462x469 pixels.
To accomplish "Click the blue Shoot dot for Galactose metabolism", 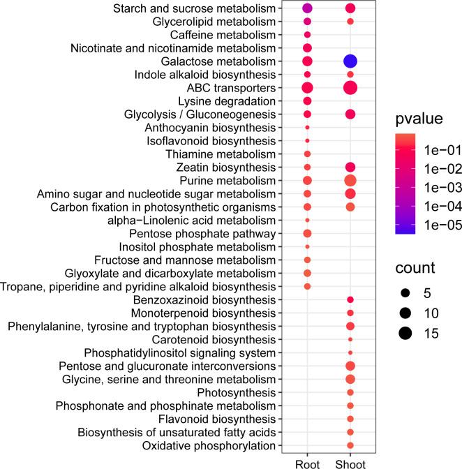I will [350, 61].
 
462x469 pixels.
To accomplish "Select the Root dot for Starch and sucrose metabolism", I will [307, 8].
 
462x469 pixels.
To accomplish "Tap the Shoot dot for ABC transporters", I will [350, 88].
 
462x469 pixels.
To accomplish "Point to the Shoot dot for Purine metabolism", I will [350, 181].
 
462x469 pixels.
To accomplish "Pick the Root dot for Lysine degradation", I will [307, 101].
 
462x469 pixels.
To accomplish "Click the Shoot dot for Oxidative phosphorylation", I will [350, 445].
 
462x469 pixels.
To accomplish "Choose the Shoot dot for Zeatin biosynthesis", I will [350, 167].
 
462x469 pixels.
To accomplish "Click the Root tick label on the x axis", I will [307, 462].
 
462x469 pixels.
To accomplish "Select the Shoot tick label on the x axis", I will [350, 462].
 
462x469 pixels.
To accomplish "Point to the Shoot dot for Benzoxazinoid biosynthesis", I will [350, 299].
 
